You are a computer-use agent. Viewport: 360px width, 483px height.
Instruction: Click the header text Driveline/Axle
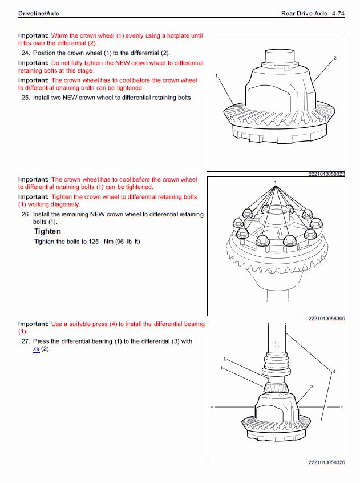coord(39,13)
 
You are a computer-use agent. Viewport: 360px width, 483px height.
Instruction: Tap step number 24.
coord(25,53)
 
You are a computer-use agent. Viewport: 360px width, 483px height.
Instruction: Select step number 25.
coord(25,98)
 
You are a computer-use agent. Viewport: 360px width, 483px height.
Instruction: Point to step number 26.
coord(25,215)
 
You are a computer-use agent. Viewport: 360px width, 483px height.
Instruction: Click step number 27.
coord(25,341)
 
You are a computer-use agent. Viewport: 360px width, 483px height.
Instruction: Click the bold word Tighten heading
coord(47,231)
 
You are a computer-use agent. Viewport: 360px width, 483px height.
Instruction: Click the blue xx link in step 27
coord(37,349)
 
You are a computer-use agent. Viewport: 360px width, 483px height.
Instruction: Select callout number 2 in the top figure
coord(335,58)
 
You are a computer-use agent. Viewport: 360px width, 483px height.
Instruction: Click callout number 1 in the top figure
coord(217,75)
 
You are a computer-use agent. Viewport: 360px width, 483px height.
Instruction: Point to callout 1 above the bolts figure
coord(276,183)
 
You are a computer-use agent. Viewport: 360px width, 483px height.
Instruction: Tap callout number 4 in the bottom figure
coord(334,372)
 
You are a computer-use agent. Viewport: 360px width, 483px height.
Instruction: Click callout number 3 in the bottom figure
coord(312,387)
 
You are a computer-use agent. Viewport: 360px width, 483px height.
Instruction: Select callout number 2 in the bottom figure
coord(225,359)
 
